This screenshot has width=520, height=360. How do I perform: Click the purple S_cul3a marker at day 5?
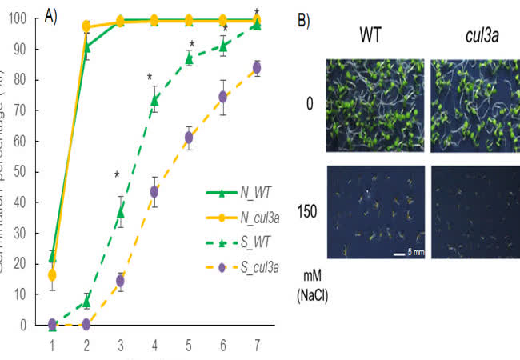point(189,138)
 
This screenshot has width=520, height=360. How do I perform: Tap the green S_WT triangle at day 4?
point(154,100)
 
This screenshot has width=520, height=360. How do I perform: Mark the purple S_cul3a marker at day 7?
point(257,68)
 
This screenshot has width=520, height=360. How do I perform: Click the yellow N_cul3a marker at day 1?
point(52,275)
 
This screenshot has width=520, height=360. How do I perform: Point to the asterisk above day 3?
point(117,175)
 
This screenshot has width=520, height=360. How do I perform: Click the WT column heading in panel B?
point(369,35)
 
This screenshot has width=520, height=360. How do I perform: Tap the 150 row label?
point(307,210)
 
